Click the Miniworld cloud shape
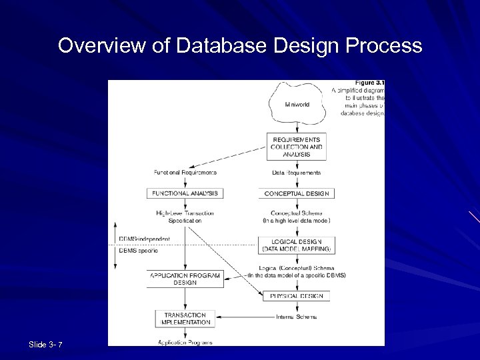coord(297,105)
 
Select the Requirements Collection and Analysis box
coord(297,147)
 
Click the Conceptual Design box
coord(297,193)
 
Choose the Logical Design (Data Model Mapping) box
coord(297,245)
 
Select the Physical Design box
coord(297,295)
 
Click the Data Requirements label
coord(297,173)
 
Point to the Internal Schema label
coord(297,317)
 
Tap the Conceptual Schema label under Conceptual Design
coord(297,216)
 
